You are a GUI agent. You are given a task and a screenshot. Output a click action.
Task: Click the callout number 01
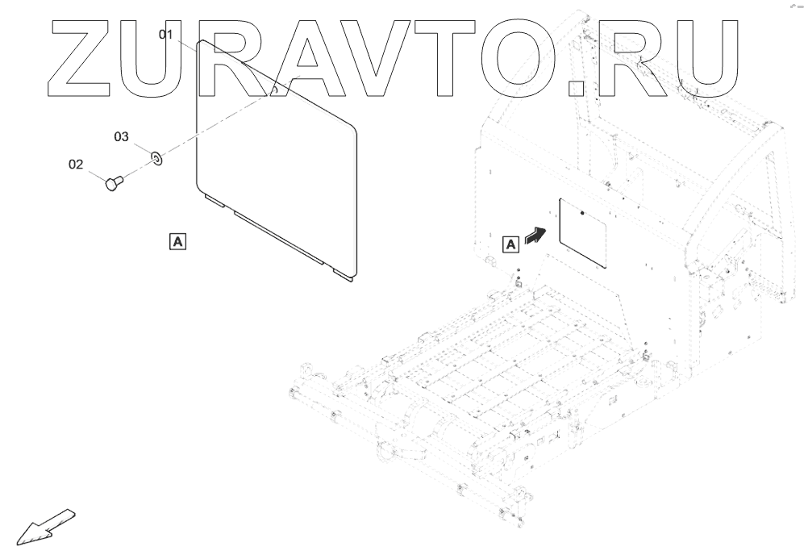coord(166,35)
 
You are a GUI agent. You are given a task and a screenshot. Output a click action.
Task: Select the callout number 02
coord(75,165)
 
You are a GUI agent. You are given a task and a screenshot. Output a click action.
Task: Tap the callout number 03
coord(121,138)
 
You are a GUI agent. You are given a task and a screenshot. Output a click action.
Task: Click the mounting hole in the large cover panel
coord(274,91)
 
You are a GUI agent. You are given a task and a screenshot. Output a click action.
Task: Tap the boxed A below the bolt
coord(177,240)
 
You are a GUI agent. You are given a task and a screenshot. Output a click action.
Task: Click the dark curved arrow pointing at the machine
coord(535,235)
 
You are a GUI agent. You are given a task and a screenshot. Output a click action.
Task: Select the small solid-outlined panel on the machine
coord(582,232)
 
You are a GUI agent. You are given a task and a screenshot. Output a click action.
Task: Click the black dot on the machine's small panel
coord(583,215)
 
